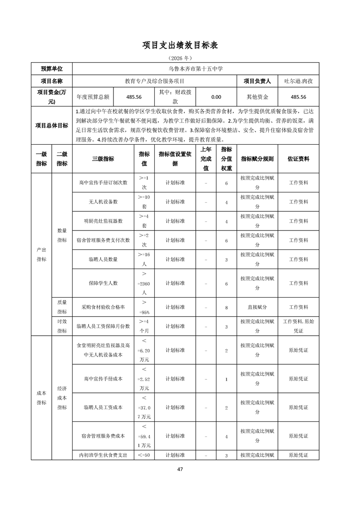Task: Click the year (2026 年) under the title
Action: [180, 59]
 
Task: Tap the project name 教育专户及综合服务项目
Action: [155, 81]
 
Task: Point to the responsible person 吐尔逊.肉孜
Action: [298, 81]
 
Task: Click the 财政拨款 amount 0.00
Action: [216, 97]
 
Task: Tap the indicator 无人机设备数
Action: [103, 201]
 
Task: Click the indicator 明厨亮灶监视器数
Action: [103, 221]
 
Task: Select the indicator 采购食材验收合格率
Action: [103, 307]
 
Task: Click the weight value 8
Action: [226, 307]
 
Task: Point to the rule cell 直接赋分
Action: [257, 307]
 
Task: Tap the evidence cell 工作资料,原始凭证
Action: [298, 326]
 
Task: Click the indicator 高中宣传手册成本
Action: [103, 378]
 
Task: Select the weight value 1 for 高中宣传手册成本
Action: [226, 378]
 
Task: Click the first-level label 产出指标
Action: [41, 254]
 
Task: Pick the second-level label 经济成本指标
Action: [62, 397]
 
